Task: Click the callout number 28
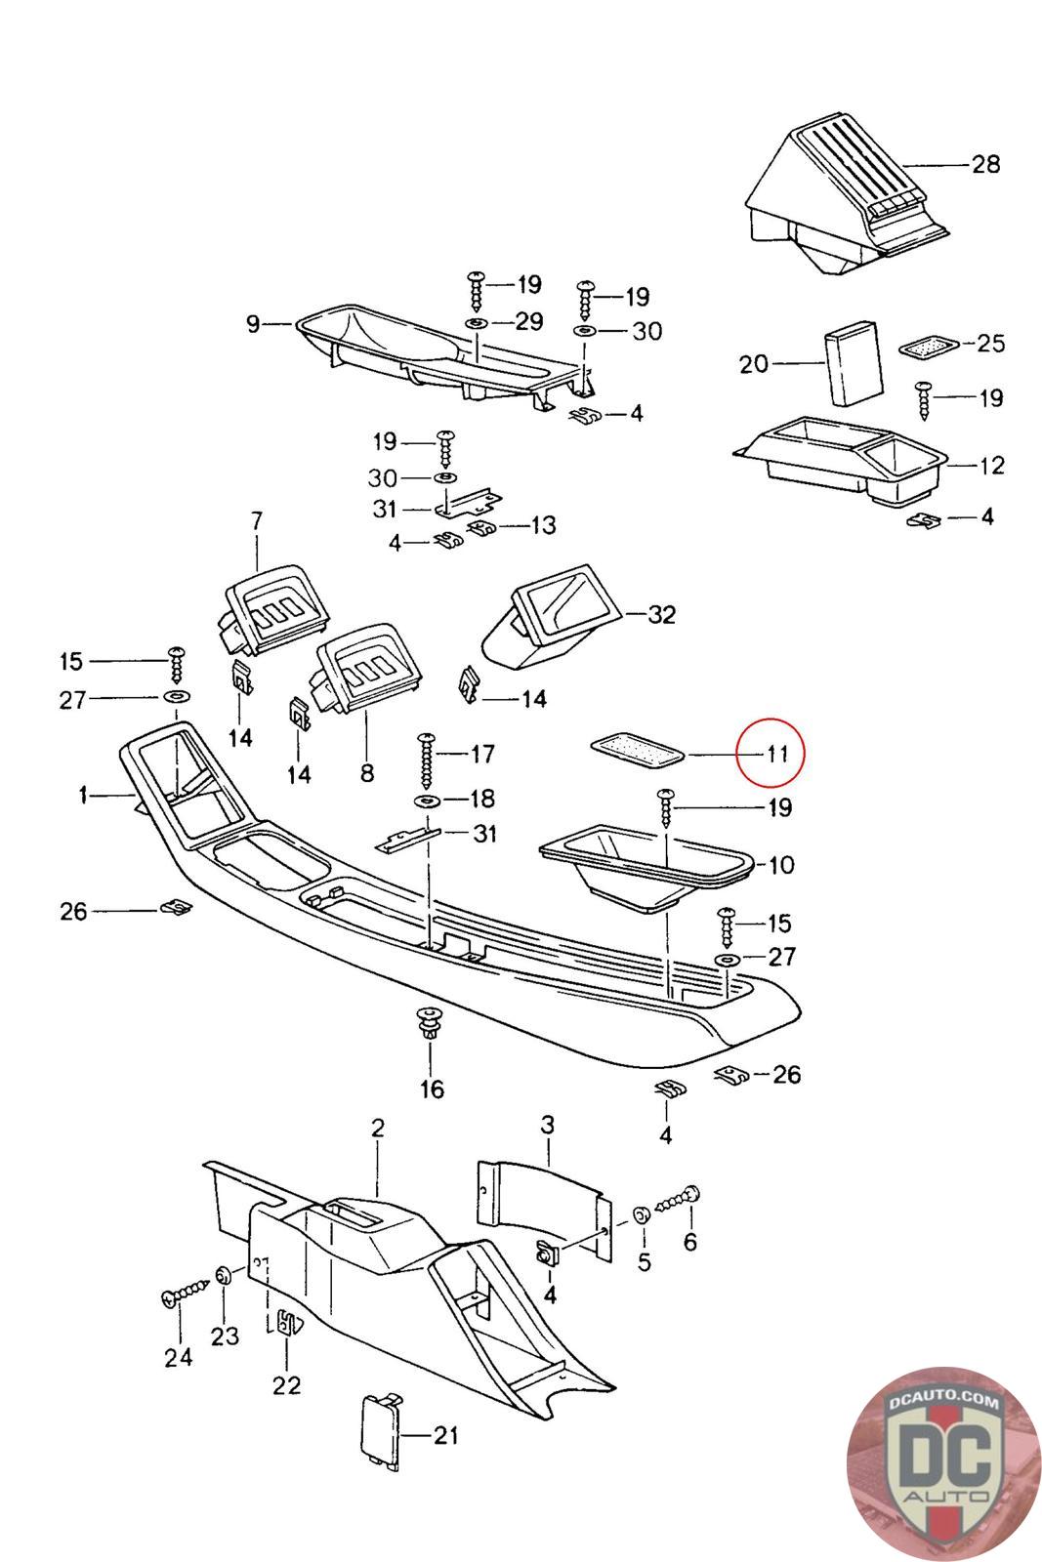pos(985,163)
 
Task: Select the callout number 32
pos(661,615)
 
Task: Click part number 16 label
pos(432,1089)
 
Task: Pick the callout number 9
pos(253,323)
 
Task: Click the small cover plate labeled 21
pos(381,1431)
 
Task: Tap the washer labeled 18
pos(427,801)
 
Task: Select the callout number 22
pos(286,1384)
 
